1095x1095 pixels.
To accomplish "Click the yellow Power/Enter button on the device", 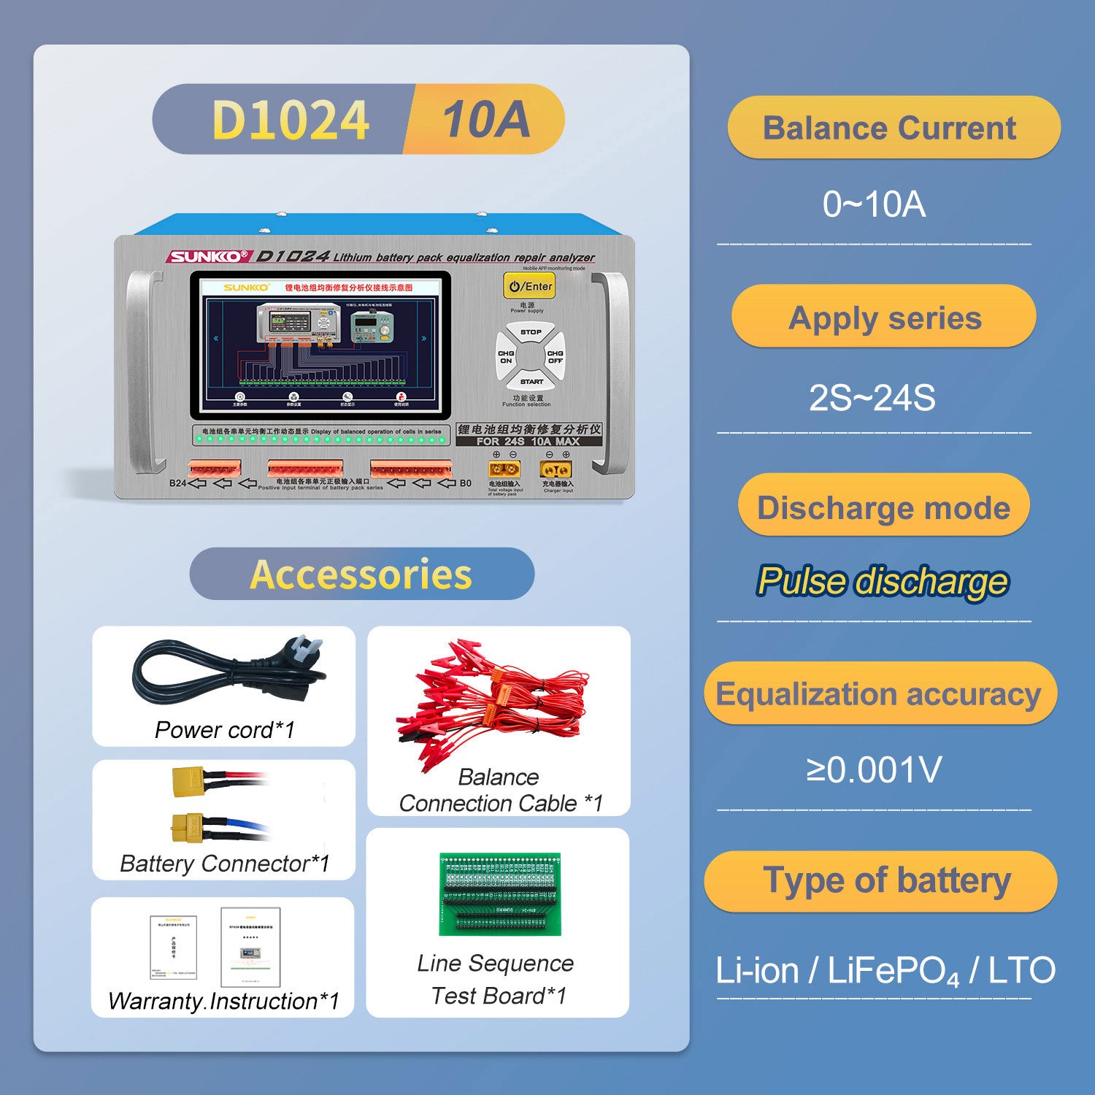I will pos(529,285).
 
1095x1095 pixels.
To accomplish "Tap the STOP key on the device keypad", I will pos(531,334).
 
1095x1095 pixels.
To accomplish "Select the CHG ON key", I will pos(506,357).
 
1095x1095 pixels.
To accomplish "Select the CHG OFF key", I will pos(555,357).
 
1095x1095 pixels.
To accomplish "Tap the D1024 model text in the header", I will pos(291,120).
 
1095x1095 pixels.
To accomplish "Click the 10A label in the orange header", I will pos(486,119).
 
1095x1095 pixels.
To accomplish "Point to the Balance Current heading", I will pos(889,128).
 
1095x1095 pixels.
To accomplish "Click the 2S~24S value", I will pos(872,399).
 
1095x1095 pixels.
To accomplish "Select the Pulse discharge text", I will pos(883,582).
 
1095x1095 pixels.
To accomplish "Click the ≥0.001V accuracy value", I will pos(874,769).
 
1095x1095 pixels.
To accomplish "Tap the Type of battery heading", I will pos(886,880).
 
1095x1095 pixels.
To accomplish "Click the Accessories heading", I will pos(361,575).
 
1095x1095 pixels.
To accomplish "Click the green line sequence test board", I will pos(500,894).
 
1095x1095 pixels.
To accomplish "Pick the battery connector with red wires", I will pos(189,780).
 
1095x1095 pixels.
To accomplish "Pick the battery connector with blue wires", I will pos(189,827).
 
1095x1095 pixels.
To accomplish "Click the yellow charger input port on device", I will pos(556,469).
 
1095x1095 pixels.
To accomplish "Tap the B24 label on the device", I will pos(177,483).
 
